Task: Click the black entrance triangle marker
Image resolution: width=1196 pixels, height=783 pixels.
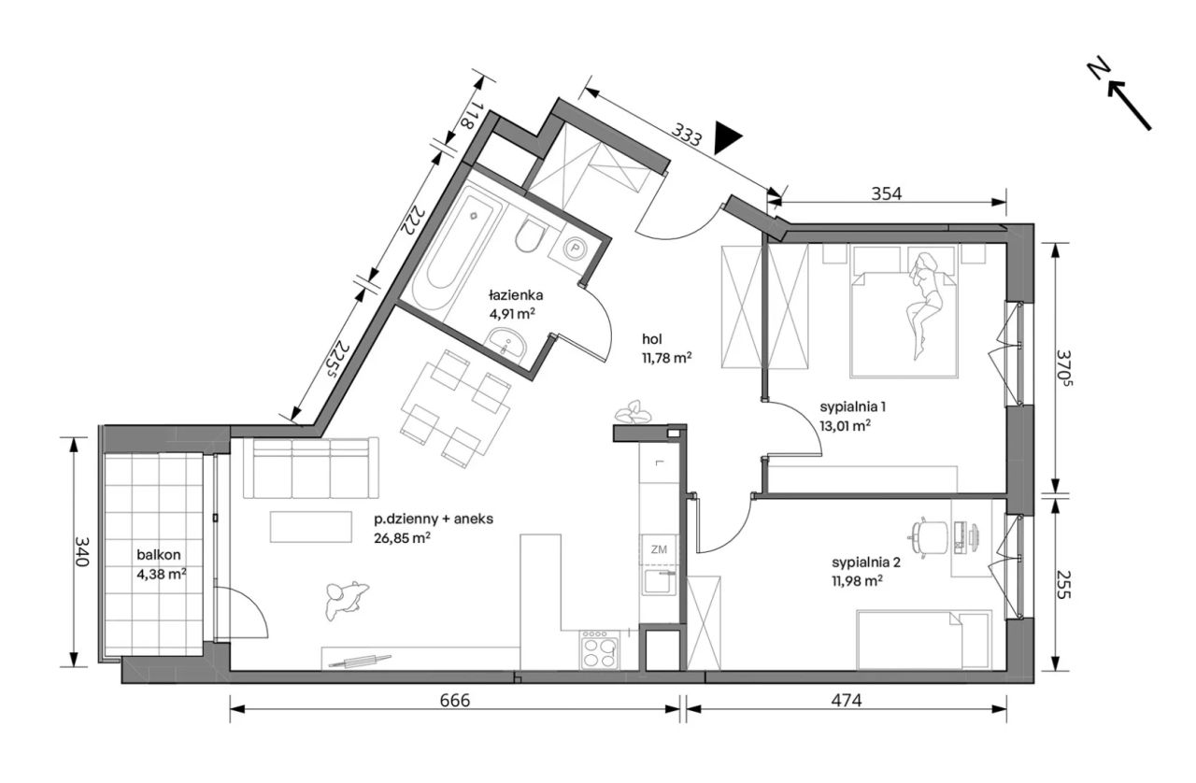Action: click(726, 138)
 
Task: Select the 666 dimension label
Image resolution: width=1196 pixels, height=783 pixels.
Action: click(455, 700)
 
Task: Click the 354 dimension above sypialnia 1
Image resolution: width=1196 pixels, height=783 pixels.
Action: click(887, 193)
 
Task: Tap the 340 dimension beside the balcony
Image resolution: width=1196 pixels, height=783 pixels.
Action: click(81, 551)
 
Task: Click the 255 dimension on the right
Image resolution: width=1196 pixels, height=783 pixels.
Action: click(1063, 584)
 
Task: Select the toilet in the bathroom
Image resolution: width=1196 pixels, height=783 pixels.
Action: click(530, 235)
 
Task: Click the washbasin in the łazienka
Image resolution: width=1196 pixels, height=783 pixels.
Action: click(505, 342)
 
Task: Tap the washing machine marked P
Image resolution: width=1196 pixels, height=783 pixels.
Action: click(575, 248)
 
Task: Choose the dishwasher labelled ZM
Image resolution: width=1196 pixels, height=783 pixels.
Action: click(659, 549)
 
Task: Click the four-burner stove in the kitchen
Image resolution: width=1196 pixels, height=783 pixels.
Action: click(600, 650)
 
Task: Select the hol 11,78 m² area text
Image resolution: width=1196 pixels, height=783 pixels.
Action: click(667, 349)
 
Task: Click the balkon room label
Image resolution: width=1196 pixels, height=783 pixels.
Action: click(159, 555)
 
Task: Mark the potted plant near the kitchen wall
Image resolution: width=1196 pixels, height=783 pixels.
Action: click(634, 412)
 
